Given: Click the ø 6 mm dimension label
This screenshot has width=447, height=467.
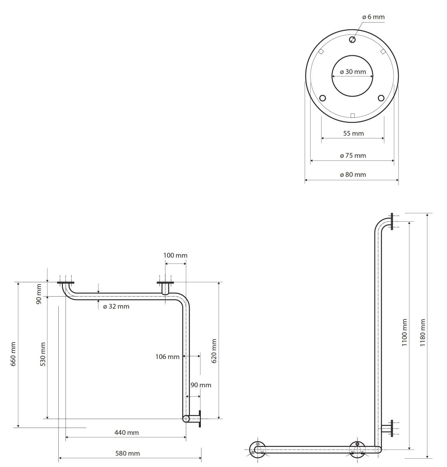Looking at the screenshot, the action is (x=373, y=17).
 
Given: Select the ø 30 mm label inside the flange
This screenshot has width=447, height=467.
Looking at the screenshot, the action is (x=353, y=72).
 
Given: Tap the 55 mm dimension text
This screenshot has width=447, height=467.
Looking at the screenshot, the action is (x=353, y=133).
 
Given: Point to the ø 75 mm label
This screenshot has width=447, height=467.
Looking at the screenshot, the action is (x=353, y=156).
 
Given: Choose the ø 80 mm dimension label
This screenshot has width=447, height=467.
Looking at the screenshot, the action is (x=353, y=175).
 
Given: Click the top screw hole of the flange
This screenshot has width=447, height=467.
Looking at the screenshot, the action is (x=352, y=40).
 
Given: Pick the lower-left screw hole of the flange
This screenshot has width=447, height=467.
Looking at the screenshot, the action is (x=323, y=98).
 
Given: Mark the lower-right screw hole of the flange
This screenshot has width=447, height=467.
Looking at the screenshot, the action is (x=381, y=98).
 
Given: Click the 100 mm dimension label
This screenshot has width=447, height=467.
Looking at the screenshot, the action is (x=175, y=255).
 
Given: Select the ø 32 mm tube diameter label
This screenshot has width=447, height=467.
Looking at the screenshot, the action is (x=116, y=306).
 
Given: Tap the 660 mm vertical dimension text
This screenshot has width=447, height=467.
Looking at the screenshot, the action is (x=13, y=354).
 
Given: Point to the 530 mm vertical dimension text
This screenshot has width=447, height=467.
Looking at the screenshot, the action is (x=43, y=355).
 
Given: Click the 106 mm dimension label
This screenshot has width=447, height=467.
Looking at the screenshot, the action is (x=167, y=357).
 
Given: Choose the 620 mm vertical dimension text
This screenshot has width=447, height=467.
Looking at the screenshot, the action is (x=214, y=351).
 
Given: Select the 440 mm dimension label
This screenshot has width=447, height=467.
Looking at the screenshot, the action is (x=126, y=433).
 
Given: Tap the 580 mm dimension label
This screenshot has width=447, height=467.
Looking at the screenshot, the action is (x=128, y=453).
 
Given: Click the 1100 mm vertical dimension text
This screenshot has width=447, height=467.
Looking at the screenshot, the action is (x=404, y=332).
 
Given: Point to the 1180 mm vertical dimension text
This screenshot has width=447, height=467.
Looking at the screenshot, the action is (x=423, y=332).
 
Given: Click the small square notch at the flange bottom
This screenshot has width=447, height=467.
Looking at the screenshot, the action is (x=352, y=116).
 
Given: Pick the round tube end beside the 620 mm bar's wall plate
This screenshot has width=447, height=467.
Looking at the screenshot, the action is (x=186, y=419).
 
